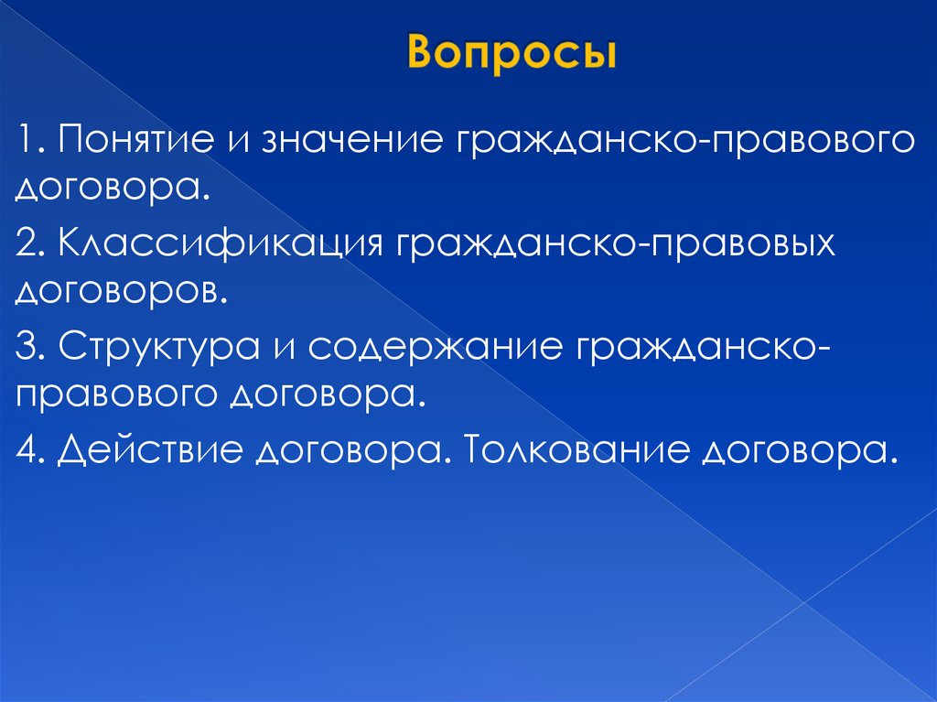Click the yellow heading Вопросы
pyautogui.click(x=512, y=54)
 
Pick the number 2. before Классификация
pyautogui.click(x=32, y=245)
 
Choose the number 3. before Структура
pyautogui.click(x=32, y=348)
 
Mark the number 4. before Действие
pyautogui.click(x=32, y=449)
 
